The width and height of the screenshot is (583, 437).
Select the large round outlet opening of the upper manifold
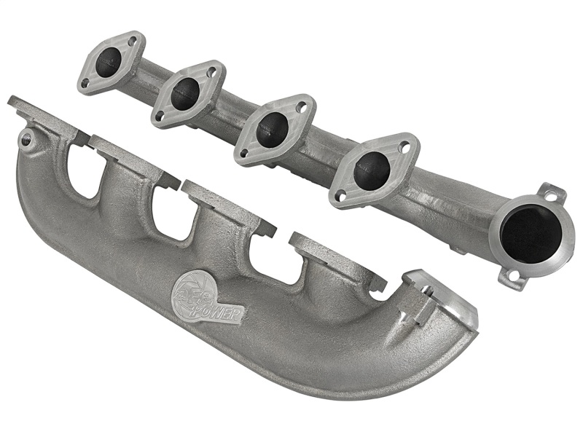(x=531, y=233)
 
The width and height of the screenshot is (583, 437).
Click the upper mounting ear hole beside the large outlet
(x=551, y=194)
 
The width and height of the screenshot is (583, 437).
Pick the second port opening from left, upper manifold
(x=185, y=94)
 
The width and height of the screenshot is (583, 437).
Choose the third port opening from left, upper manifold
(x=272, y=130)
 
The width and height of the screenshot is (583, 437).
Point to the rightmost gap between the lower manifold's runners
(x=275, y=256)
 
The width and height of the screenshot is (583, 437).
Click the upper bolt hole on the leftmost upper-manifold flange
(x=132, y=42)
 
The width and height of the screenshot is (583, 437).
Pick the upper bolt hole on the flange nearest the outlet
(x=406, y=148)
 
